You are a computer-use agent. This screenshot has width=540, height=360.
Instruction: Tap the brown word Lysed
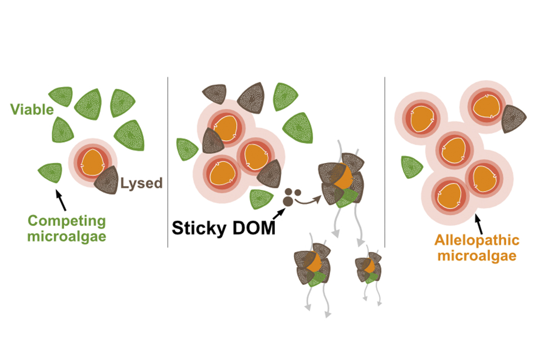[141, 183]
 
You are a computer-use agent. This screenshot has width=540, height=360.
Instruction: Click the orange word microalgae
[477, 256]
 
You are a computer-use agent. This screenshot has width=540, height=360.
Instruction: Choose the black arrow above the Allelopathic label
[481, 222]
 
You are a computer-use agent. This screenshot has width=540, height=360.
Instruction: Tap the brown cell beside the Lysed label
[107, 179]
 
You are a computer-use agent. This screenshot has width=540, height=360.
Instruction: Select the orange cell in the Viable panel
[92, 162]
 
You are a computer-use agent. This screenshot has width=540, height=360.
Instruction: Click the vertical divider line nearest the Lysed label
[168, 162]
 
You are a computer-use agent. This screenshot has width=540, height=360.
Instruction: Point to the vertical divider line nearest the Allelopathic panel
[385, 148]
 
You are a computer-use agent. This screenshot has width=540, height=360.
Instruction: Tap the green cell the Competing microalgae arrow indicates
[50, 172]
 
